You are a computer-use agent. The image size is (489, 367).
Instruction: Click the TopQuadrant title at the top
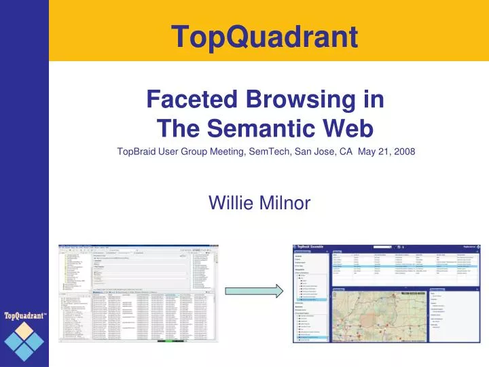(x=264, y=35)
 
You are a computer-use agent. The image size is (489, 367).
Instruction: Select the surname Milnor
(x=285, y=201)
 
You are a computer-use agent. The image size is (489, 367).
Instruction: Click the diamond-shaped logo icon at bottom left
(x=24, y=342)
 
